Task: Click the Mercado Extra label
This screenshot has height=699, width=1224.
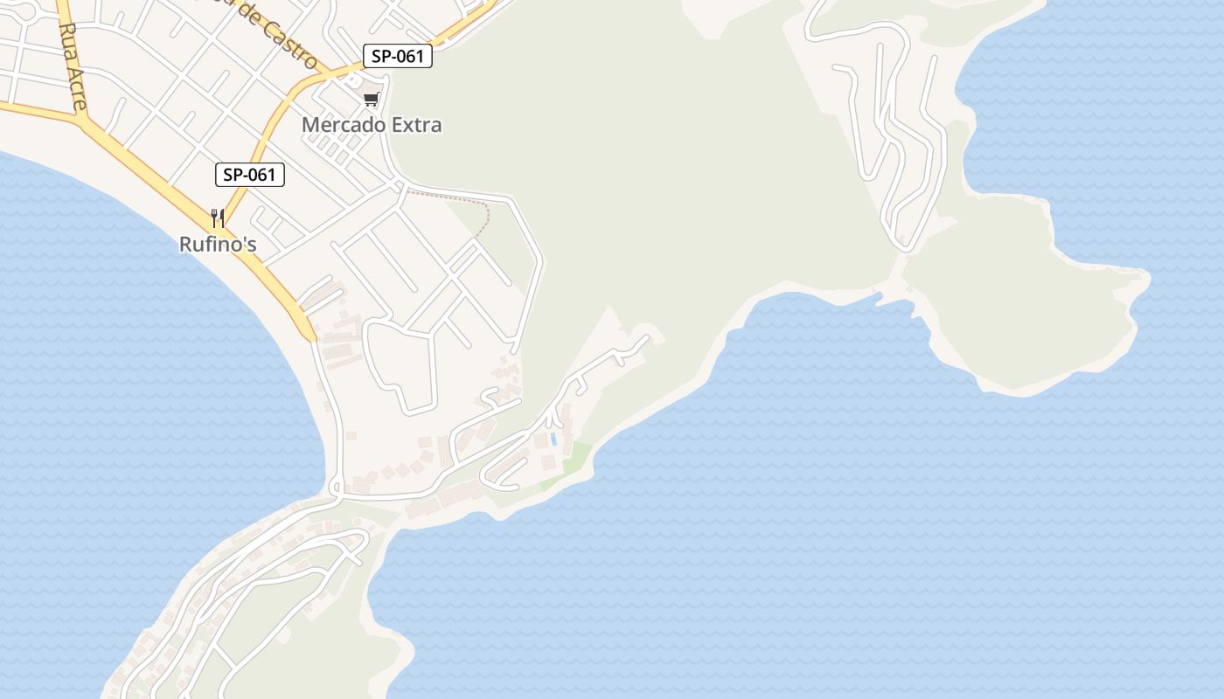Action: click(372, 125)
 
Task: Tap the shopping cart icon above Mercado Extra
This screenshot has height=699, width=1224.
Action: click(372, 100)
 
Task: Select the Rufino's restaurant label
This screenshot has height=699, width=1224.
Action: click(218, 245)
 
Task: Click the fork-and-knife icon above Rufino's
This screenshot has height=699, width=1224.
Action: click(218, 218)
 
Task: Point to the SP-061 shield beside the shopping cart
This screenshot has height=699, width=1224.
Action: click(398, 57)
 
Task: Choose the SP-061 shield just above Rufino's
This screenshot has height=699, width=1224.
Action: click(250, 175)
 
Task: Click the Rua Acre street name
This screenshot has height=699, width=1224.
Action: click(73, 66)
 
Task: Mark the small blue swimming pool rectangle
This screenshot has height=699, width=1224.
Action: click(553, 439)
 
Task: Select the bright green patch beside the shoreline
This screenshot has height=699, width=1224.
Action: click(573, 463)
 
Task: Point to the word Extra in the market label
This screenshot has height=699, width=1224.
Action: click(416, 125)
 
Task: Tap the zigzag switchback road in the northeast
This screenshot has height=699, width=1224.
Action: click(892, 131)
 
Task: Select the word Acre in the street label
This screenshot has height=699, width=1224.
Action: click(77, 87)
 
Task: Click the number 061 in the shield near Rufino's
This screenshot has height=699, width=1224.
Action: click(261, 175)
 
